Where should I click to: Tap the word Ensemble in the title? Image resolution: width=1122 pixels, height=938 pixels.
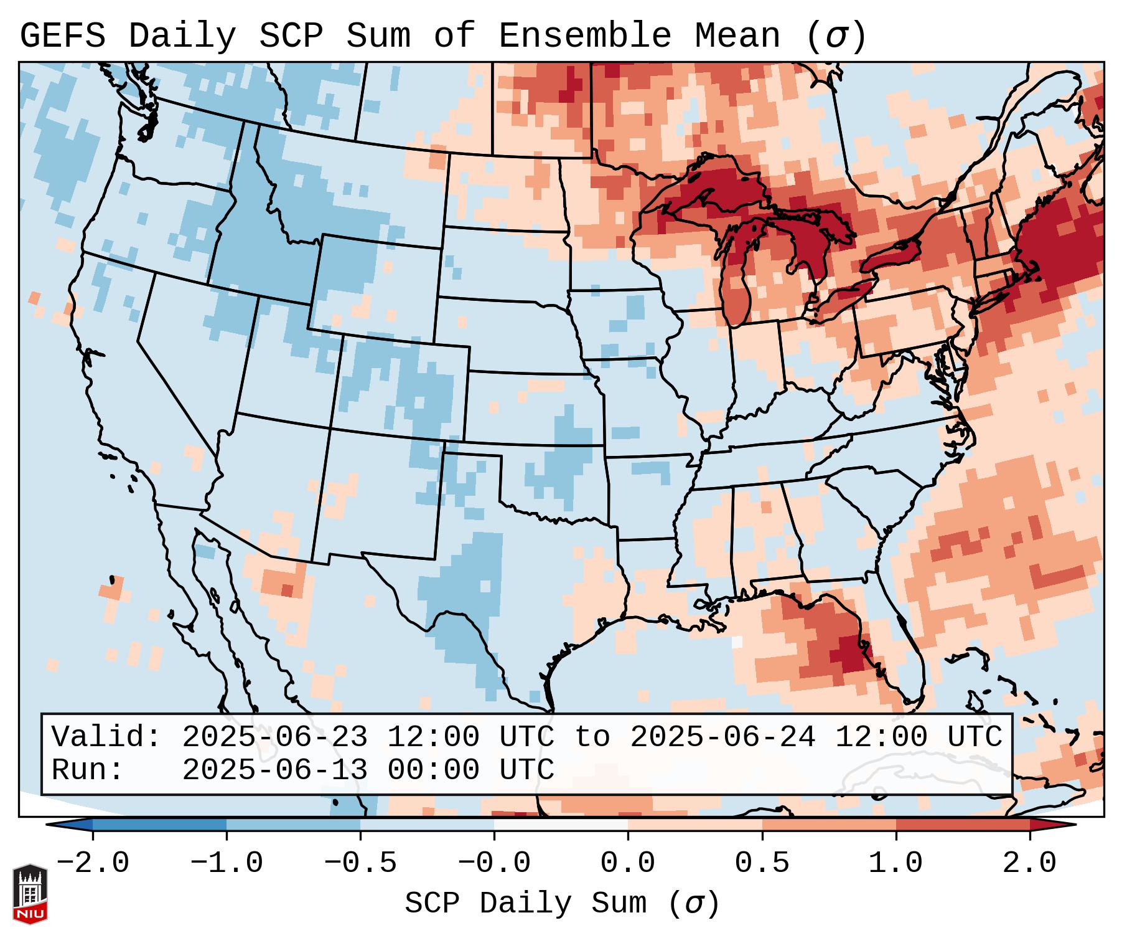584,36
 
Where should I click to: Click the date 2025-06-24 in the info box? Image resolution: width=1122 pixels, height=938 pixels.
722,737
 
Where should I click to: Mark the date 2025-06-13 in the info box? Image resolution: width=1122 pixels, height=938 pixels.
274,770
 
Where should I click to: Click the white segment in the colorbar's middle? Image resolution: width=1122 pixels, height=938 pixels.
561,825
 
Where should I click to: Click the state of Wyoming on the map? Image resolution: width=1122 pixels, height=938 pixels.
376,287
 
